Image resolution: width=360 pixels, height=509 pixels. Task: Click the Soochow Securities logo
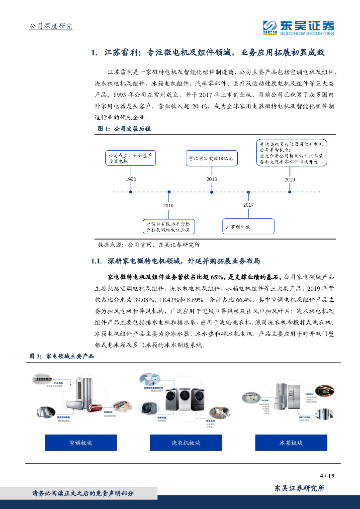[x=298, y=27]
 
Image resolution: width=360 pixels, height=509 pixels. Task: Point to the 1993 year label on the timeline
[x=131, y=178]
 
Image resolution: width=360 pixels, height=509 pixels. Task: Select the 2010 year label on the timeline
[x=169, y=205]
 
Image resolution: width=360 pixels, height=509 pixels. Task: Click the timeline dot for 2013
[x=212, y=191]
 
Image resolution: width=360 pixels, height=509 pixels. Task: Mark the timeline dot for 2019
[x=289, y=191]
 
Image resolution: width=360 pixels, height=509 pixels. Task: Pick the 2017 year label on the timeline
[x=248, y=205]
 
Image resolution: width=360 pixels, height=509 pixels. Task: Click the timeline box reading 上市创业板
[x=248, y=226]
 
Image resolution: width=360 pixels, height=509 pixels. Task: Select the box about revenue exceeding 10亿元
[x=212, y=159]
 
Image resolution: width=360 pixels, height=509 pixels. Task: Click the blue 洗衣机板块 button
[x=185, y=442]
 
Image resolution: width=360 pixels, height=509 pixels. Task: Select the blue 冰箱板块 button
[x=291, y=442]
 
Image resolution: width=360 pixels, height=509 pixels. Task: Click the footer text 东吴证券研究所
[x=299, y=488]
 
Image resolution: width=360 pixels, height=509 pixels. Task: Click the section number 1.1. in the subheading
[x=97, y=261]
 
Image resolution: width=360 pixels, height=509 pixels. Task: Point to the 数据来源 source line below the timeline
[x=149, y=245]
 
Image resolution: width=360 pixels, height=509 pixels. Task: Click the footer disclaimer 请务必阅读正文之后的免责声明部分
[x=83, y=493]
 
